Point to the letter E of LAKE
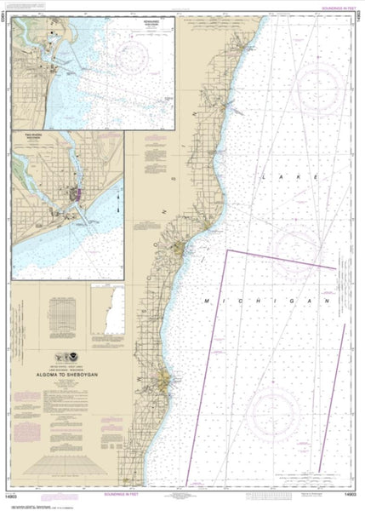pos(317,177)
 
